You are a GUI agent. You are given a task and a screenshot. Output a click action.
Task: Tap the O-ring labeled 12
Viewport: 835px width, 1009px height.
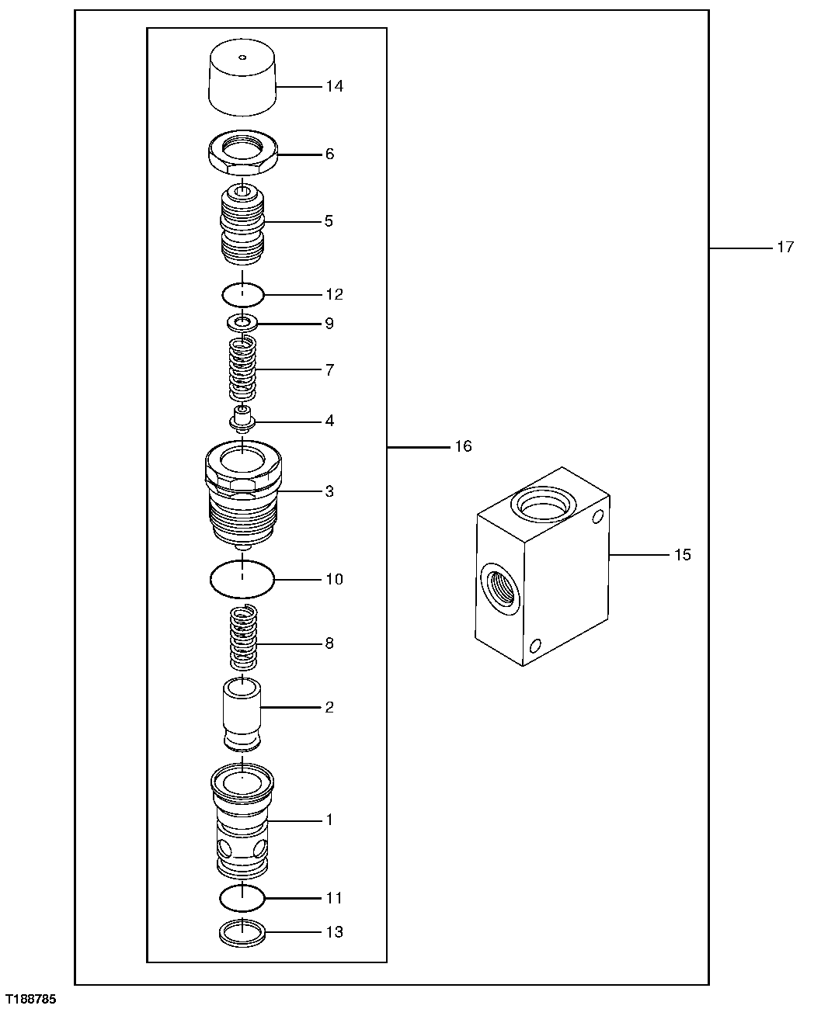242,295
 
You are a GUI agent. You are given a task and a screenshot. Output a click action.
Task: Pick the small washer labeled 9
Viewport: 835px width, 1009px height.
242,322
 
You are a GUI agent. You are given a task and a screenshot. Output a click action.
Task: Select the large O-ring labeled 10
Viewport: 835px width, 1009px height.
242,579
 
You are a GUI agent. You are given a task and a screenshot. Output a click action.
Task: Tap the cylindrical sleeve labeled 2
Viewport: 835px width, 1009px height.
242,713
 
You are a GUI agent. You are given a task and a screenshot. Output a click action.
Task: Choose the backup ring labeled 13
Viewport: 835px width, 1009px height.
242,932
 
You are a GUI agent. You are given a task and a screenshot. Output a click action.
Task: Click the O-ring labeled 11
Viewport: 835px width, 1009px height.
242,898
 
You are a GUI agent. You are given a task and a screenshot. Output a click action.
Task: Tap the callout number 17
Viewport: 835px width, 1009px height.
785,247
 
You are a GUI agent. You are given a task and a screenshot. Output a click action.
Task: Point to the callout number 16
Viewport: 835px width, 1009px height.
463,446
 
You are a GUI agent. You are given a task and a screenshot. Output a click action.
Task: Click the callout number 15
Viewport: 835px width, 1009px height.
682,555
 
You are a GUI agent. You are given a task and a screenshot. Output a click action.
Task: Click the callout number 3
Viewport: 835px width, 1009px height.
329,491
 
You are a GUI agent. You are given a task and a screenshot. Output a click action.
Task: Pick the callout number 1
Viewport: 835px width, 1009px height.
329,820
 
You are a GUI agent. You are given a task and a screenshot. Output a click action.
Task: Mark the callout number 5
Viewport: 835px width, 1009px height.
329,221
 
